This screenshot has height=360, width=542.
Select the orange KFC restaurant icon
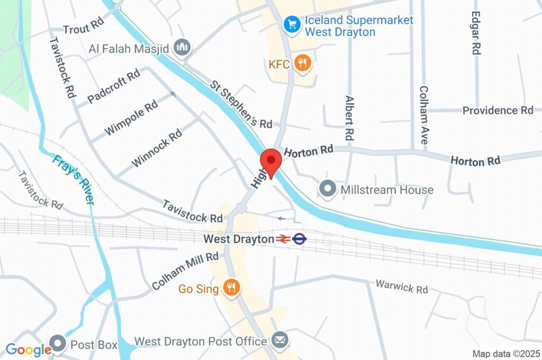pyautogui.click(x=303, y=64)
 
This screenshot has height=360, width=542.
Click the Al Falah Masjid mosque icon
pyautogui.click(x=183, y=48)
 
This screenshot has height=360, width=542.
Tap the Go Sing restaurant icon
pyautogui.click(x=231, y=288)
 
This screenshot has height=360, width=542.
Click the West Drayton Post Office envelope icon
pyautogui.click(x=279, y=340)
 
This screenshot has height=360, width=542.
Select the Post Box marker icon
pyautogui.click(x=58, y=344)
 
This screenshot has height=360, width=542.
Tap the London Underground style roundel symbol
pyautogui.click(x=300, y=239)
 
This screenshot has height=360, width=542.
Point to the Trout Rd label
pyautogui.click(x=83, y=29)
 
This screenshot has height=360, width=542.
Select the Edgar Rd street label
pyautogui.click(x=476, y=33)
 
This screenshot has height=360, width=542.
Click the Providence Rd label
pyautogui.click(x=498, y=110)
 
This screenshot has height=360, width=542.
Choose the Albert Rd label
pyautogui.click(x=349, y=118)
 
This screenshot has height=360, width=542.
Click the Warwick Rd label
pyautogui.click(x=401, y=287)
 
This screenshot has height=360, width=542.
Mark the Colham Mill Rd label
pyautogui.click(x=185, y=271)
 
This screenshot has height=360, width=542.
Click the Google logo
pyautogui.click(x=28, y=349)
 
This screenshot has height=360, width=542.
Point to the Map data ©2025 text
pyautogui.click(x=505, y=354)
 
